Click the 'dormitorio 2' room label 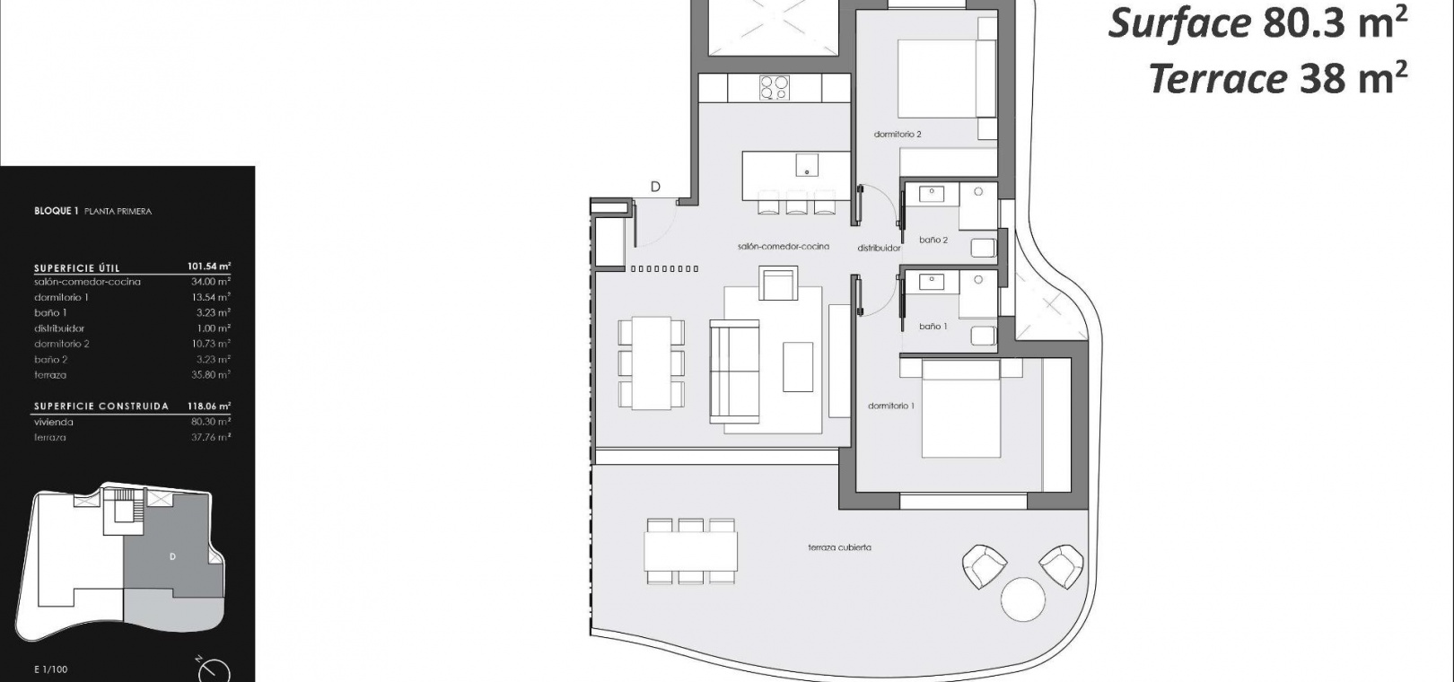tap(898, 135)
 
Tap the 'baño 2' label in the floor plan tap(933, 240)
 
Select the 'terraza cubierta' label tap(840, 547)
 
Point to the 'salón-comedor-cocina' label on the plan tap(784, 247)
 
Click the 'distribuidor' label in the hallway tap(879, 248)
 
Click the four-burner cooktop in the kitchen tap(775, 88)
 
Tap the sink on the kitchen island tap(807, 165)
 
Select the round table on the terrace tap(1023, 599)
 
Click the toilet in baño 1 tap(984, 335)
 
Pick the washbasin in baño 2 tap(932, 194)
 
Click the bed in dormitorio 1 tap(960, 408)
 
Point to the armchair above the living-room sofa tap(778, 284)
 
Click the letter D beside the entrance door tap(655, 187)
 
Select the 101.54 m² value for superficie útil tap(209, 266)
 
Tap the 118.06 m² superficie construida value tap(209, 407)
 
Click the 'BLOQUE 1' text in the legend tap(57, 211)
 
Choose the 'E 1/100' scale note tap(50, 669)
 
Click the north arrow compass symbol tap(213, 669)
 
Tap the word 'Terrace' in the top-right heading tap(1218, 79)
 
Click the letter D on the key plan tap(172, 556)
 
